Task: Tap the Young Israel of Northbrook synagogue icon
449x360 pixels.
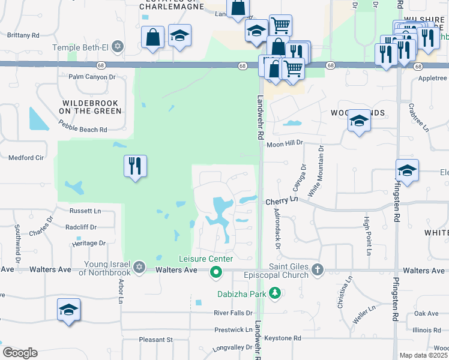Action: point(139,266)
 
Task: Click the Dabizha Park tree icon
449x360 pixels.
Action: point(275,293)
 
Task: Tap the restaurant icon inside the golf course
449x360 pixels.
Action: point(135,165)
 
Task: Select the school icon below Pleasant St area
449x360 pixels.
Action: point(68,309)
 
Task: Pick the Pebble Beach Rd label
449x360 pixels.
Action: point(83,126)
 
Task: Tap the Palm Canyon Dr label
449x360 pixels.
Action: point(92,77)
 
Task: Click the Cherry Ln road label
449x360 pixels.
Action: point(282,202)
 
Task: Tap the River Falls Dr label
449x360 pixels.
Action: point(234,313)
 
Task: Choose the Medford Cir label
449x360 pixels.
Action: point(26,158)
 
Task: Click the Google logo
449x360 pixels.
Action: point(20,353)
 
